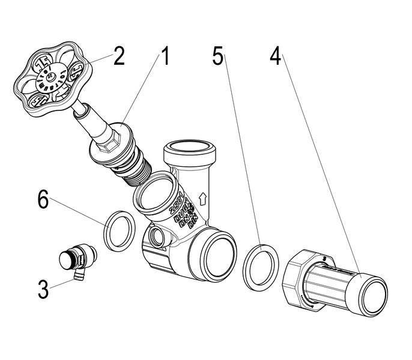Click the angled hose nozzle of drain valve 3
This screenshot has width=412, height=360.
coord(77,275)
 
